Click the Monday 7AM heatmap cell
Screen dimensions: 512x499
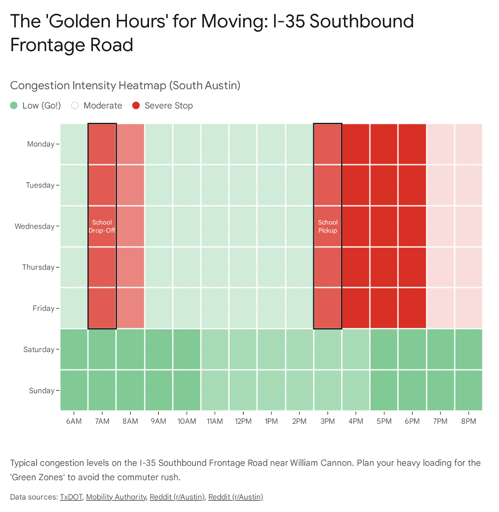(x=102, y=144)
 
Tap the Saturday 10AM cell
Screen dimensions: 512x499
(x=187, y=349)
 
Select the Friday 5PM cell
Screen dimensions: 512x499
(x=384, y=308)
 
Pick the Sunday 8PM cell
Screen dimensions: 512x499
(x=468, y=390)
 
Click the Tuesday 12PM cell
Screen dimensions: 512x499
(x=243, y=185)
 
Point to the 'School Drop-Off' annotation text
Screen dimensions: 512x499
(x=102, y=226)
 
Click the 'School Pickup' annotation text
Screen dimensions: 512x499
(x=327, y=226)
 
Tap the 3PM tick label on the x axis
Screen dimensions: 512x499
(x=327, y=421)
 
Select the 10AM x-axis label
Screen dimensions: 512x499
(x=187, y=421)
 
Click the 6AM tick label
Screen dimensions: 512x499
(x=74, y=421)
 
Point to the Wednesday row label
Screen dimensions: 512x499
(x=35, y=226)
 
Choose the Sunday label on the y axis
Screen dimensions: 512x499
(x=42, y=390)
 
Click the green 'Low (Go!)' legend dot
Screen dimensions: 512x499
(x=14, y=105)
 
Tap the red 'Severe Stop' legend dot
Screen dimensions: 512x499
(x=136, y=105)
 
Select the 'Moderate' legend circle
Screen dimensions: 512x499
(x=75, y=105)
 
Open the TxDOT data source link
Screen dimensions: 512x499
(x=71, y=497)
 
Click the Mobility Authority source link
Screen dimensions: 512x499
(x=116, y=497)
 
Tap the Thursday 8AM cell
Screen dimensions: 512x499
(x=130, y=267)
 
